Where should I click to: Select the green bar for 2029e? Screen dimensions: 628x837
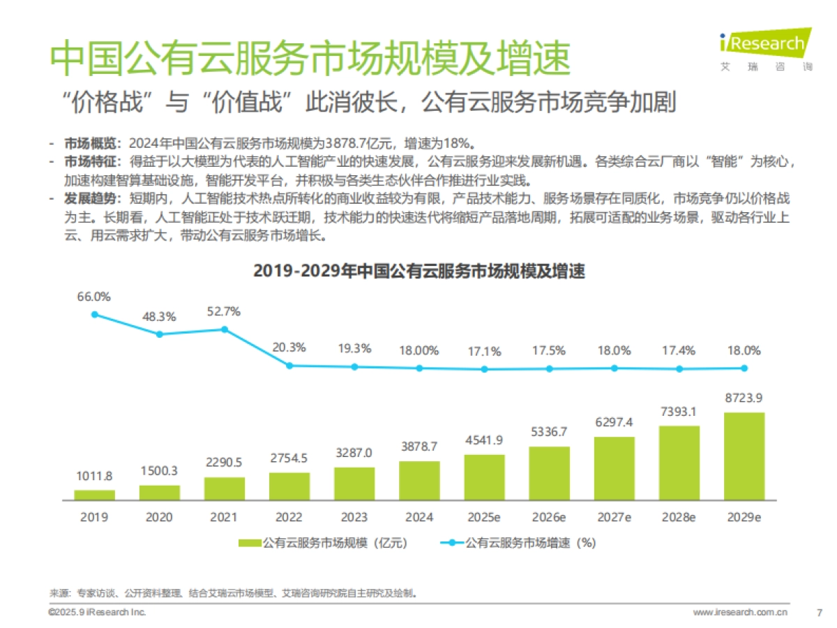(x=744, y=456)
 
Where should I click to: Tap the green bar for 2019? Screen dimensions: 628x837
(x=94, y=495)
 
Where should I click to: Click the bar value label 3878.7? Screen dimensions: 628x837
(x=419, y=446)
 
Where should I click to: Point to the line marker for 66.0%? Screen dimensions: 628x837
(x=94, y=314)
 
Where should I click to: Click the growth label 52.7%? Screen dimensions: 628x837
(x=224, y=311)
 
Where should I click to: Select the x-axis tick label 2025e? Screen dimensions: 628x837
(x=484, y=517)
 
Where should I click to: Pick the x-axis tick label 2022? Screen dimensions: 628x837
(x=289, y=517)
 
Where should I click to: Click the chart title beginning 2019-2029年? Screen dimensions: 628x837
(x=418, y=271)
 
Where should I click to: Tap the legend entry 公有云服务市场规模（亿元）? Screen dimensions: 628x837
(x=322, y=542)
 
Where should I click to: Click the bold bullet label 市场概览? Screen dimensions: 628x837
(x=87, y=144)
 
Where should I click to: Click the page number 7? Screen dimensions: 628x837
(x=819, y=613)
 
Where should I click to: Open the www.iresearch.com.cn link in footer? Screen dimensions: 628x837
(x=740, y=613)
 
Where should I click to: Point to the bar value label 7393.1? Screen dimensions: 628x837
(x=679, y=411)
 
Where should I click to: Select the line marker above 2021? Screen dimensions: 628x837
(x=224, y=329)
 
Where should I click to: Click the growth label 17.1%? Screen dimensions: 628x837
(x=484, y=352)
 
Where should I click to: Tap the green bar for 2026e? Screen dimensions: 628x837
(x=549, y=473)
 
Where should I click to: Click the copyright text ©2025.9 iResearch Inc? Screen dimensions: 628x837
(x=97, y=612)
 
